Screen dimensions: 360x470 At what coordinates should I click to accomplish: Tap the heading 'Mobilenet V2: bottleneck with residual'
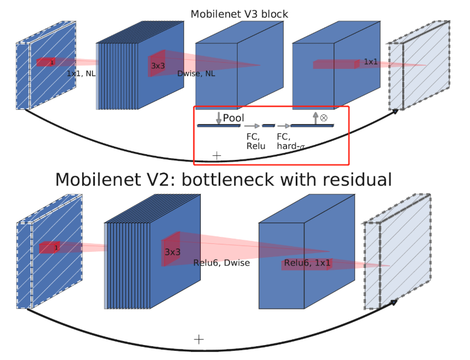click(x=224, y=179)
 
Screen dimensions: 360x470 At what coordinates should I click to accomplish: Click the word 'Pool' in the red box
click(x=234, y=118)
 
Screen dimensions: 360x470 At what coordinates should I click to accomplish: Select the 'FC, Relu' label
click(x=254, y=141)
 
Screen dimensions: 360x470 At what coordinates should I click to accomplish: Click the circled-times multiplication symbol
click(x=323, y=117)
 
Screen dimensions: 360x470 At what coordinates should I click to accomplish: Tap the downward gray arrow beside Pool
click(x=219, y=118)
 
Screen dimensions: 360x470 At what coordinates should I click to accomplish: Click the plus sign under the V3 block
click(x=217, y=155)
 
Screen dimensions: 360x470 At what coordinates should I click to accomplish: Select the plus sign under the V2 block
click(x=198, y=339)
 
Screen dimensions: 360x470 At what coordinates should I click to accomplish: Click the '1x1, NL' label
click(x=81, y=74)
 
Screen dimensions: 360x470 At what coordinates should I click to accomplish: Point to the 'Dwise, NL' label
click(x=196, y=74)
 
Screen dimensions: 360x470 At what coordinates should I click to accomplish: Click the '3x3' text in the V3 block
click(x=158, y=66)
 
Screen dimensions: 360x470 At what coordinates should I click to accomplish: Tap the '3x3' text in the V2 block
click(x=173, y=252)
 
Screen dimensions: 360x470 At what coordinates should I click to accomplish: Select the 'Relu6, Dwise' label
click(x=221, y=263)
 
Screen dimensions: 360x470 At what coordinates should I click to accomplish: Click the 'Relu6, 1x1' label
click(x=307, y=263)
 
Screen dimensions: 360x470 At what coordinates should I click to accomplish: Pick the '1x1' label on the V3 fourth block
click(x=372, y=62)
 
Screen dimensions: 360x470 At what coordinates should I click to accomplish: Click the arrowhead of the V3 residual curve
click(x=396, y=112)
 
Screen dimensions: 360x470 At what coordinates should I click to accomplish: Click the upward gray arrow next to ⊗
click(x=315, y=118)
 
